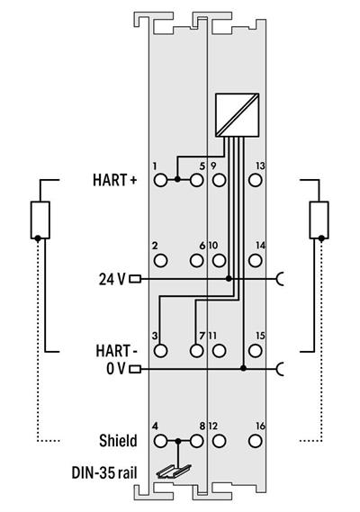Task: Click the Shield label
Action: tap(118, 441)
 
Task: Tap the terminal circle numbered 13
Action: tap(255, 180)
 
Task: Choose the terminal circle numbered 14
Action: tap(255, 261)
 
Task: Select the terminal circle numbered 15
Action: tap(255, 350)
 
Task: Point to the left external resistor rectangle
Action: tap(38, 220)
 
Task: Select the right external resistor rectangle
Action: tap(319, 220)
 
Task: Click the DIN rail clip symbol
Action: tap(170, 471)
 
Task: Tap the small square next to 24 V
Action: tap(135, 278)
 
